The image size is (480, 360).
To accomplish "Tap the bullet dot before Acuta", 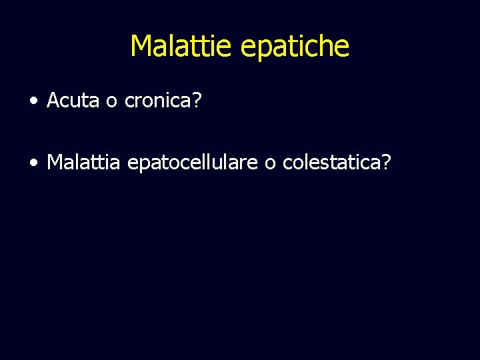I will pos(33,101).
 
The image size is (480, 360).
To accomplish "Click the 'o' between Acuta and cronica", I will pos(111,102).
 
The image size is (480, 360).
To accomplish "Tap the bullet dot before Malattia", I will pos(33,162).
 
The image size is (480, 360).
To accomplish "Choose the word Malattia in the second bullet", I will pos(83,161).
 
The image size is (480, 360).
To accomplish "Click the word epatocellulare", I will pos(192,162).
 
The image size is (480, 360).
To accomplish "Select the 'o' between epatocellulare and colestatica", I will pos(269,163).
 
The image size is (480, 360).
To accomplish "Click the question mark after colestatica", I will pos(387,161).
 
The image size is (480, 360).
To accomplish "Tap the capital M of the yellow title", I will pos(141,46).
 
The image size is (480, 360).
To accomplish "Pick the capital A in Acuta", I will pos(53,101).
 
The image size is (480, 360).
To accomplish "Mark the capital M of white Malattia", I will pos(55,161).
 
